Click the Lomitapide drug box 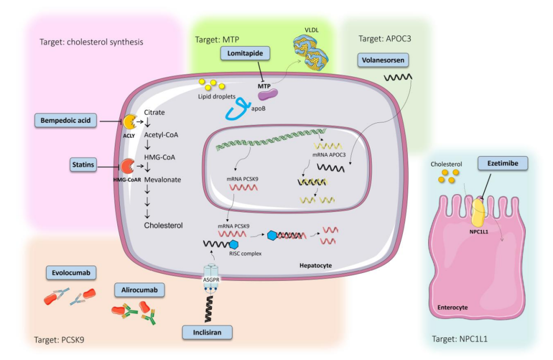click(x=246, y=52)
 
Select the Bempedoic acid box click(x=65, y=121)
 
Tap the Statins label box click(x=83, y=165)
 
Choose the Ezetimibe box click(x=499, y=163)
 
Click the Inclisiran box click(x=207, y=332)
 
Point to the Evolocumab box click(x=71, y=273)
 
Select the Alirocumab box click(x=140, y=290)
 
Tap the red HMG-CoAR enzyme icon click(x=127, y=165)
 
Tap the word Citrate click(x=155, y=112)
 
